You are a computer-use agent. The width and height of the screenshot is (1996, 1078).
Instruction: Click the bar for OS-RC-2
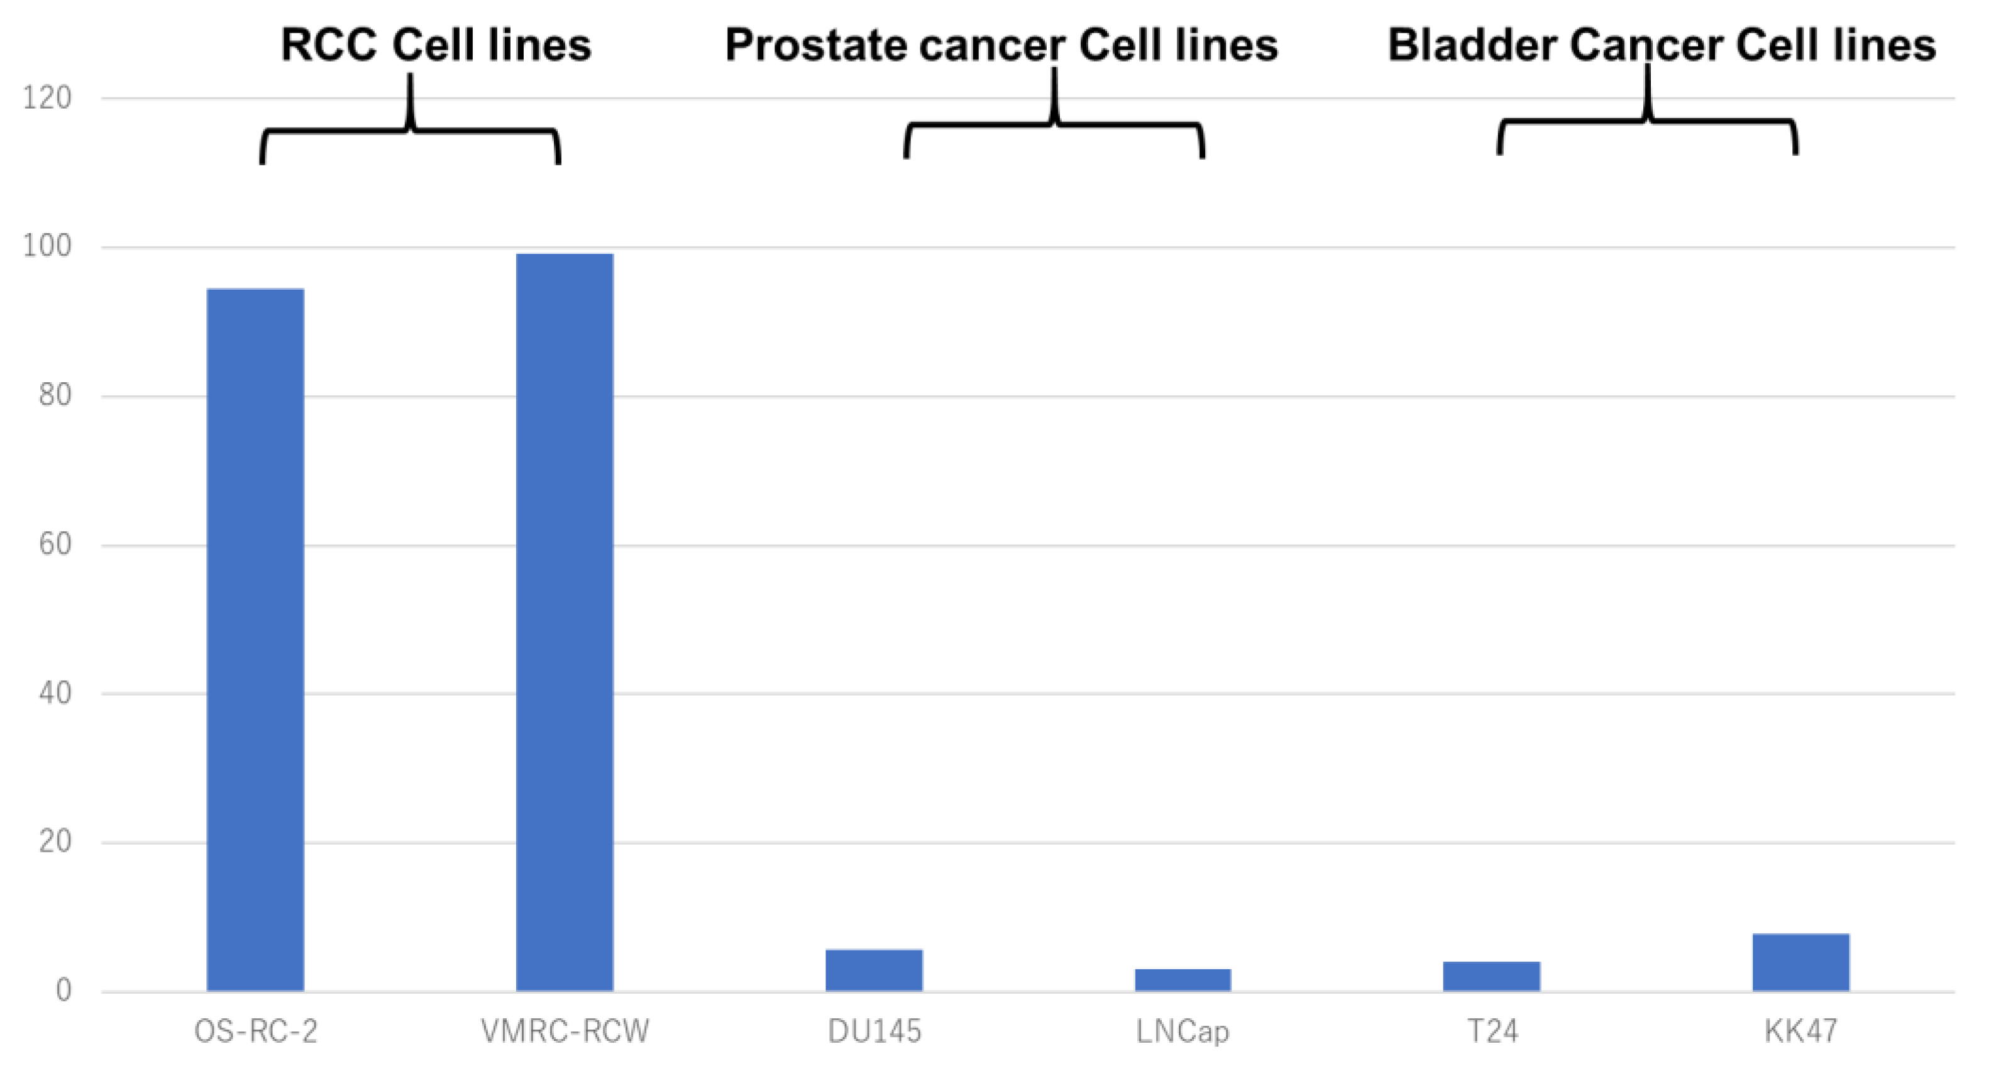point(255,639)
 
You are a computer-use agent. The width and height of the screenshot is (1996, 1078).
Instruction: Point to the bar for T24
point(1492,976)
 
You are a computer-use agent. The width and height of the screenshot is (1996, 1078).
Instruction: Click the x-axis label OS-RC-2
point(256,1031)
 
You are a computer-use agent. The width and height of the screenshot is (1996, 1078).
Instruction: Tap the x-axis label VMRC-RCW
point(565,1031)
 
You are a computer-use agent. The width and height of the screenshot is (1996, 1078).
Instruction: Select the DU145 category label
point(874,1031)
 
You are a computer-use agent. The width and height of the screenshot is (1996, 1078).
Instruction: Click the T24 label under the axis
point(1492,1031)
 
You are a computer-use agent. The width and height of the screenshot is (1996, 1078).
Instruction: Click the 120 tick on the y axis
point(47,99)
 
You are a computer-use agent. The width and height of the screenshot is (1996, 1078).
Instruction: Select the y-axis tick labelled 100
point(47,246)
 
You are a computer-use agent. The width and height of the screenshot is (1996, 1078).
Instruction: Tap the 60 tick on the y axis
point(55,544)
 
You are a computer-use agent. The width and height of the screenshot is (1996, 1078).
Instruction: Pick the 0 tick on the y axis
point(63,991)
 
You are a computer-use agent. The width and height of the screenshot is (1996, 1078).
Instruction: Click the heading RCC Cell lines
point(436,45)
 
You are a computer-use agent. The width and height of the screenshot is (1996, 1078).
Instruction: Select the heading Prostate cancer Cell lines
point(1001,45)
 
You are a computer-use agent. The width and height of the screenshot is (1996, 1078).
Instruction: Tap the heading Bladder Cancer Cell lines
point(1662,45)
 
